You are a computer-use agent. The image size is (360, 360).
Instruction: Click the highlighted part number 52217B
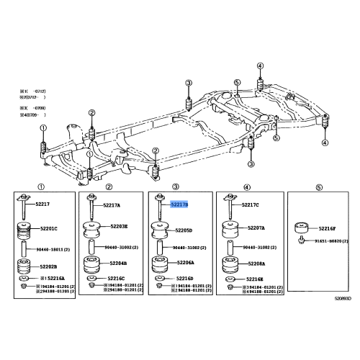179,204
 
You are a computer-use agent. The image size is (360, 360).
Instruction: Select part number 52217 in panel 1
44,204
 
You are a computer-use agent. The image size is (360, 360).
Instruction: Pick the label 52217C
250,205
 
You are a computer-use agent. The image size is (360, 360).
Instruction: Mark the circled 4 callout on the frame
324,143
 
